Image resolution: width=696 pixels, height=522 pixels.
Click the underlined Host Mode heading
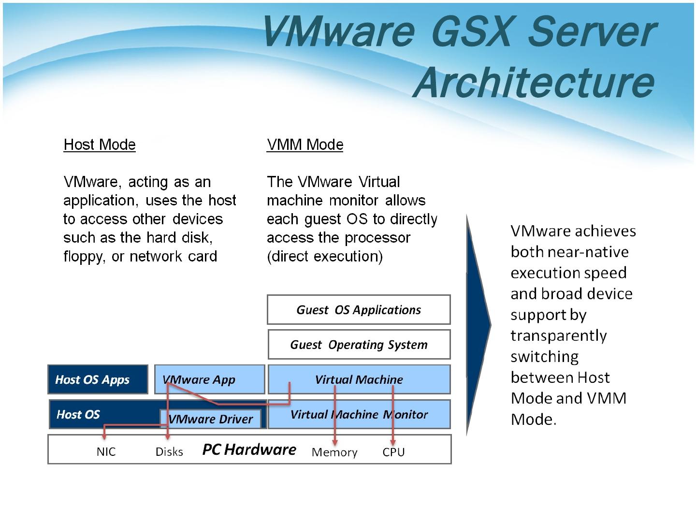click(100, 145)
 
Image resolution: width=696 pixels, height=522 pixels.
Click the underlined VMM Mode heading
click(304, 145)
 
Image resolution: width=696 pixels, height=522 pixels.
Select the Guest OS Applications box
click(359, 310)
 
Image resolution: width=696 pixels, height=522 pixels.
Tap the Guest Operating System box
click(359, 345)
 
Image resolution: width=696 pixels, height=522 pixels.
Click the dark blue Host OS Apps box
click(98, 379)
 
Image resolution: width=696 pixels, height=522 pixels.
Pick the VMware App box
click(210, 379)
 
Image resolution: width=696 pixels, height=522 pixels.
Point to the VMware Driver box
click(211, 419)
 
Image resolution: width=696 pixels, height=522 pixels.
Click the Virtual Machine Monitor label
click(359, 415)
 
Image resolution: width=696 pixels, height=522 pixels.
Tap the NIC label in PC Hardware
click(106, 451)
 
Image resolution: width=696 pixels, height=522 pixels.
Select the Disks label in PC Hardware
click(169, 451)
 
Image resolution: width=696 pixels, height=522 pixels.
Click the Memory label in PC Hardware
click(334, 452)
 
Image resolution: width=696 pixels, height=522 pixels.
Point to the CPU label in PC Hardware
click(393, 452)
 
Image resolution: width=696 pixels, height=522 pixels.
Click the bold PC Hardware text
click(249, 449)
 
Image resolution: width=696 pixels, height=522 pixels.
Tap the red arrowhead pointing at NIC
click(104, 437)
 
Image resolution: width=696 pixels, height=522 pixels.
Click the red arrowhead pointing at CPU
click(393, 442)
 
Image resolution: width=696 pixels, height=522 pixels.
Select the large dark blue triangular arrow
click(478, 325)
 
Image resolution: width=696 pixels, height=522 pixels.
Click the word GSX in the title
click(472, 32)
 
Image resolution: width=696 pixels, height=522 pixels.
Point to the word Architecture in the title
click(534, 82)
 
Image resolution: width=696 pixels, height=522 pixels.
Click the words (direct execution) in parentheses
click(325, 256)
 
